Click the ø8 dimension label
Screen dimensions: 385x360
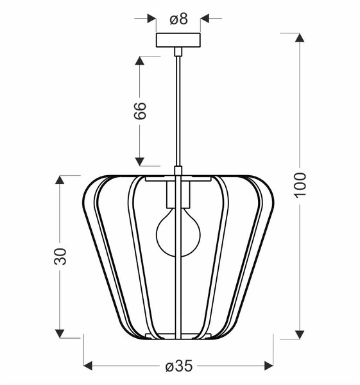[178, 19]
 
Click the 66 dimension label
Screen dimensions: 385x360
[140, 110]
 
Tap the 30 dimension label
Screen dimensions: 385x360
[60, 256]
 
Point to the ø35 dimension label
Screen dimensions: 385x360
[178, 366]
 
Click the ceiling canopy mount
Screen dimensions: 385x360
[178, 40]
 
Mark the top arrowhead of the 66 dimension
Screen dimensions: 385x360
[139, 61]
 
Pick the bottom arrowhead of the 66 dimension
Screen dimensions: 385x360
[139, 160]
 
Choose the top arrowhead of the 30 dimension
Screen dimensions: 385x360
[60, 180]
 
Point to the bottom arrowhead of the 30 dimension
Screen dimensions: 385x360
[60, 333]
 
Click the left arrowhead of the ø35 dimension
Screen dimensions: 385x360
[89, 366]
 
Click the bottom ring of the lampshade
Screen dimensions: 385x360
[178, 336]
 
